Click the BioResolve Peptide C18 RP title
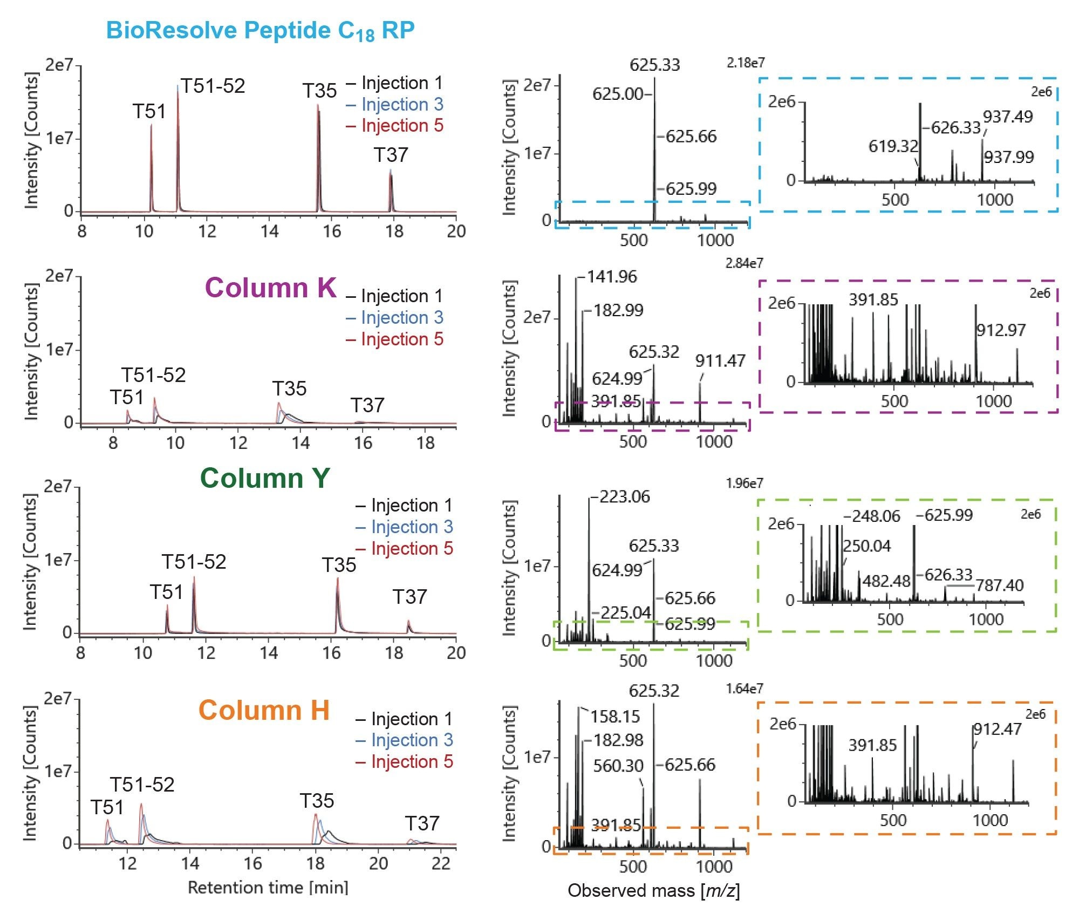tap(260, 31)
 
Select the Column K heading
tap(270, 288)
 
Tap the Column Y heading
tap(264, 478)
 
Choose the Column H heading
tap(264, 710)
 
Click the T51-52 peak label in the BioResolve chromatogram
tap(213, 86)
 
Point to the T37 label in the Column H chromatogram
tap(422, 824)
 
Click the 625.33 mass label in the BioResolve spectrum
tap(654, 65)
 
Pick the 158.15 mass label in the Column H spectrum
tap(615, 717)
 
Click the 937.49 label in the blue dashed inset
tap(1007, 117)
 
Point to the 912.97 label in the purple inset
tap(1001, 330)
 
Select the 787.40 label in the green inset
tap(999, 585)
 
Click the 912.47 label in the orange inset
tap(998, 730)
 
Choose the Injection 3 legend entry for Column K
tap(401, 318)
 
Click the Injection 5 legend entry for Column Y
tap(411, 549)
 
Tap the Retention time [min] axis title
tap(268, 888)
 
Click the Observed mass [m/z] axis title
tap(653, 891)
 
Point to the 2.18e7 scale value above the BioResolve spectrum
tap(745, 63)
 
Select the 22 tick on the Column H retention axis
tap(441, 864)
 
